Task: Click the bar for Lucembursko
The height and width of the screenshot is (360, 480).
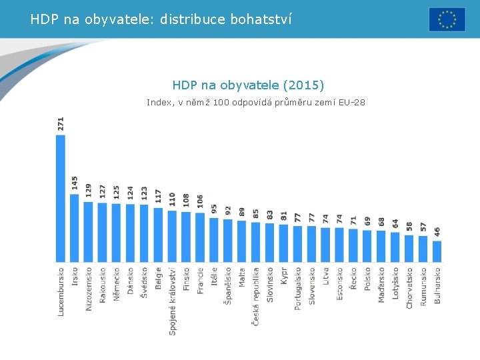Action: pyautogui.click(x=61, y=198)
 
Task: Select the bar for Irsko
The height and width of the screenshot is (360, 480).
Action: pyautogui.click(x=75, y=227)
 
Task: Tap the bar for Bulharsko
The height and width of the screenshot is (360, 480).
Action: pyautogui.click(x=437, y=251)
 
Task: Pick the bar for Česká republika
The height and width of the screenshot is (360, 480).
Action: pyautogui.click(x=256, y=242)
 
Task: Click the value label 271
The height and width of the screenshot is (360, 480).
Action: pyautogui.click(x=61, y=124)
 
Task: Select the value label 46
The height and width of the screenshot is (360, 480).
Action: pyautogui.click(x=437, y=233)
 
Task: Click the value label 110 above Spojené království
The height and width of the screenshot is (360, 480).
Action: pyautogui.click(x=172, y=199)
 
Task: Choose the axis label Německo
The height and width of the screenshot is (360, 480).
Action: pyautogui.click(x=117, y=285)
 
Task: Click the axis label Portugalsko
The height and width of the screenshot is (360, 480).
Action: pyautogui.click(x=298, y=288)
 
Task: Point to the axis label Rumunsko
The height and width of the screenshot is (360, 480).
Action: pyautogui.click(x=423, y=287)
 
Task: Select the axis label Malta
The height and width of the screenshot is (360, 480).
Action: pyautogui.click(x=242, y=279)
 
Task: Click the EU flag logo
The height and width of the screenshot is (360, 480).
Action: pyautogui.click(x=447, y=19)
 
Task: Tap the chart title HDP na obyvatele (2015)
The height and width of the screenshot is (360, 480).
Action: pyautogui.click(x=248, y=85)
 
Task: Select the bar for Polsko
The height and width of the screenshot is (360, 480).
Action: pyautogui.click(x=367, y=246)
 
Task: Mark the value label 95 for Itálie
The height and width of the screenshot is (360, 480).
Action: pyautogui.click(x=214, y=209)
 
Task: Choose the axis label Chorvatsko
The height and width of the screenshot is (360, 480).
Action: pyautogui.click(x=409, y=288)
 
